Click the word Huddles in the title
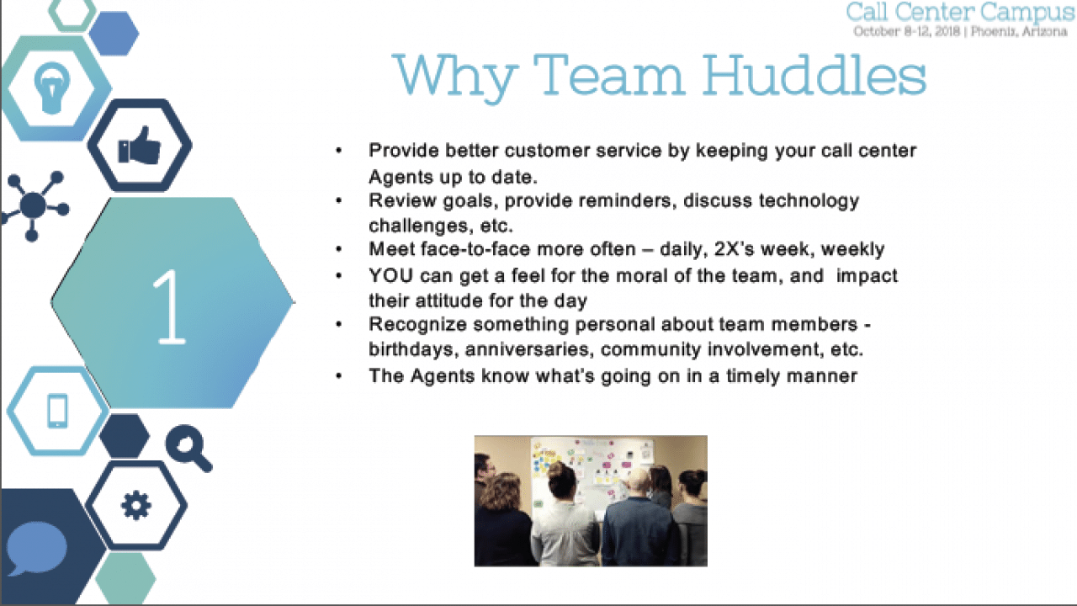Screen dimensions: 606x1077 pos(814,75)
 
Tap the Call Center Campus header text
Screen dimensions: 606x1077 pos(960,13)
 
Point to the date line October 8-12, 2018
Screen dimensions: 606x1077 pos(908,32)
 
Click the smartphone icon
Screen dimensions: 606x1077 pos(57,411)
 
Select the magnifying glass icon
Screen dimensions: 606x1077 pos(188,447)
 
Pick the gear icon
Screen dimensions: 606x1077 pos(135,506)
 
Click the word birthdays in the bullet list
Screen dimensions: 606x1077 pos(411,349)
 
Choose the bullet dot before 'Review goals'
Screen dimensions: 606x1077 pos(339,201)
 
